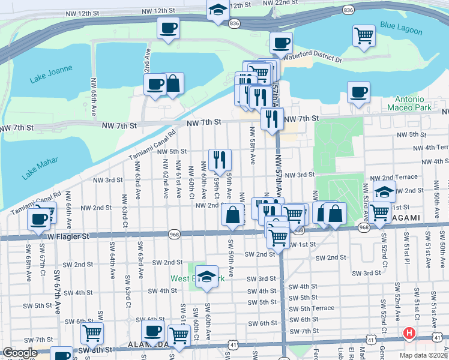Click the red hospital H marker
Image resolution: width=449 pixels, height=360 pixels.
pyautogui.click(x=409, y=333)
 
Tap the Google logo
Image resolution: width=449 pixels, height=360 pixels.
pyautogui.click(x=20, y=353)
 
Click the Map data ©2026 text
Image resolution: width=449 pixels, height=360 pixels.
pyautogui.click(x=423, y=355)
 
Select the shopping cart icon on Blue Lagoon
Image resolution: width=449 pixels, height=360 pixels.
pyautogui.click(x=363, y=35)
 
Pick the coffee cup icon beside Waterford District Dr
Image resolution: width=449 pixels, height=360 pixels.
pyautogui.click(x=280, y=43)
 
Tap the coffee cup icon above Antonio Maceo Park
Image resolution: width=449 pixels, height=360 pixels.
pyautogui.click(x=358, y=92)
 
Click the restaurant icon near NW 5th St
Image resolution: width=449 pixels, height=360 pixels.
pyautogui.click(x=220, y=159)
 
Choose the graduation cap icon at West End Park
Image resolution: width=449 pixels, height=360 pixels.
pyautogui.click(x=206, y=277)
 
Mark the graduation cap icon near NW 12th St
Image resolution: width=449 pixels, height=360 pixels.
pyautogui.click(x=217, y=10)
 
